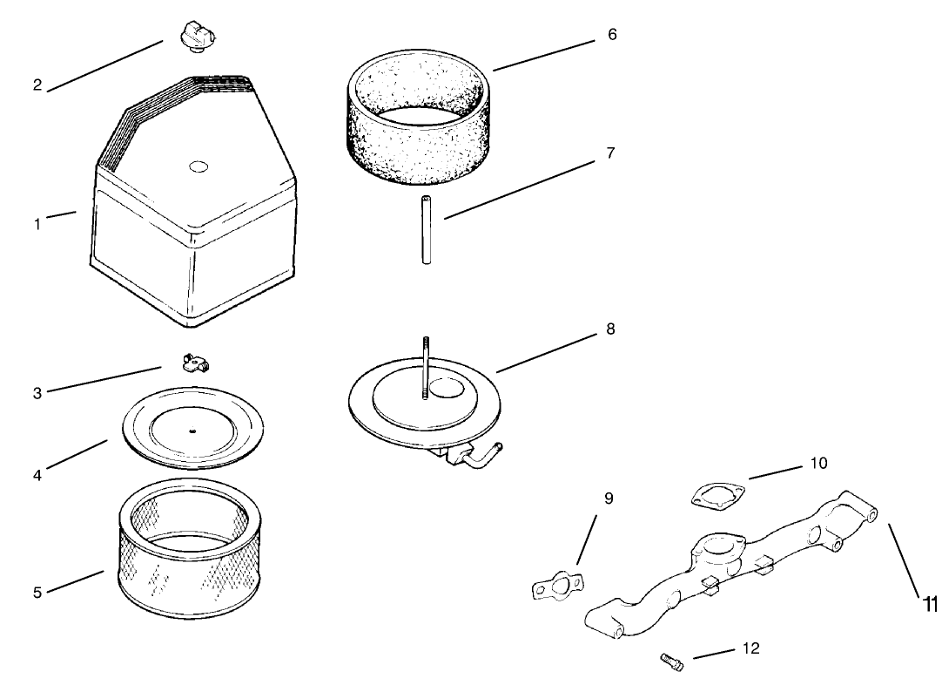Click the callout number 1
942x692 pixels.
37,224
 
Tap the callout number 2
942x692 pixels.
37,85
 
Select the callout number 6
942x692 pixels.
612,35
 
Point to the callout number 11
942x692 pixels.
930,604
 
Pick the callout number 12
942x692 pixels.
751,648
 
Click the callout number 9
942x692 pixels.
609,498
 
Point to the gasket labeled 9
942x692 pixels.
558,587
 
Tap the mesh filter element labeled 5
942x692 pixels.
191,553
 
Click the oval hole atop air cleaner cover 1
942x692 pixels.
198,165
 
